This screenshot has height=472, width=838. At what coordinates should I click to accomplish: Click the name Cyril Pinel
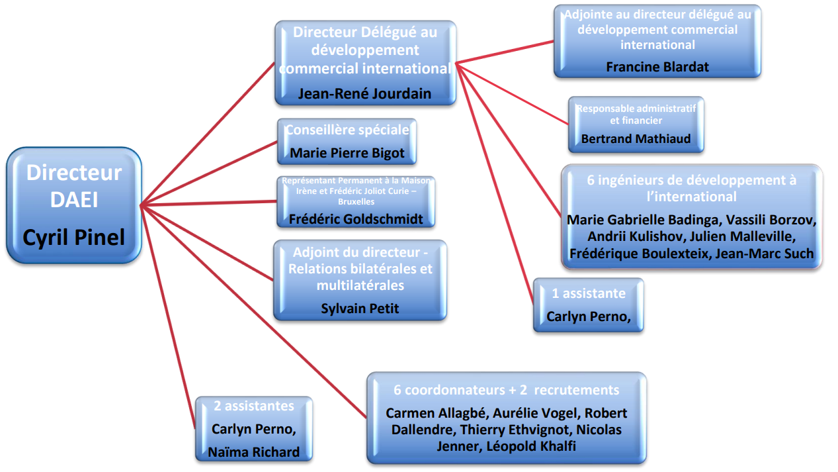[74, 237]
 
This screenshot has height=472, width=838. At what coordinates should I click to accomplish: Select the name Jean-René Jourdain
[364, 94]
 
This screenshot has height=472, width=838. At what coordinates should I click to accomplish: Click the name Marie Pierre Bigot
[347, 154]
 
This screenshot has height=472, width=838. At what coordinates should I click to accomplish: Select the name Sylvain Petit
[360, 308]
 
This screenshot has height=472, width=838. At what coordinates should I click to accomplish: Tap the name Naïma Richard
[254, 452]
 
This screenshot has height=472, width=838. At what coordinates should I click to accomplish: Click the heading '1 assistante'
[589, 293]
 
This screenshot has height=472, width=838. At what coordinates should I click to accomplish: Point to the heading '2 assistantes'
[254, 406]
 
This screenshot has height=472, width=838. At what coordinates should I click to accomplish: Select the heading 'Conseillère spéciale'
[347, 130]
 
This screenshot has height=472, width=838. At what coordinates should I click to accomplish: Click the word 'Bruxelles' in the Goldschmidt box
[356, 201]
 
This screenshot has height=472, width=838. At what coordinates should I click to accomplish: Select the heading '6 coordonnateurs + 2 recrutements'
[507, 390]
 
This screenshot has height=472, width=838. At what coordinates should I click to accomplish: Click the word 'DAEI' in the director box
[74, 199]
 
